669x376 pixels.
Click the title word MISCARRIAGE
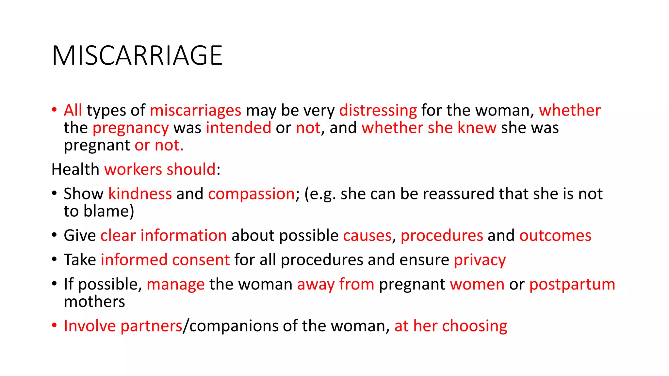click(137, 56)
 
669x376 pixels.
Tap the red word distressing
click(378, 110)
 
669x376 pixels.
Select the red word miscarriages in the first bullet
click(195, 110)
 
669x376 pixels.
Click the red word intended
click(238, 128)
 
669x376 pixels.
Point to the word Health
click(75, 169)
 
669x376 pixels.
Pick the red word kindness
click(140, 194)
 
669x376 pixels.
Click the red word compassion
click(252, 194)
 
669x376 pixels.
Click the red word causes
click(367, 236)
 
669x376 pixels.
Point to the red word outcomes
click(555, 236)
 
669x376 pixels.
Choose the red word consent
click(201, 260)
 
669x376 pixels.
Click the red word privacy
click(480, 260)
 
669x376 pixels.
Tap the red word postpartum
click(572, 284)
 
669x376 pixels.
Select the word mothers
click(94, 302)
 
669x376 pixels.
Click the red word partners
click(151, 326)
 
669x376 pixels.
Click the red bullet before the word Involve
click(55, 325)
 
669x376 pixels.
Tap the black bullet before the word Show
click(55, 193)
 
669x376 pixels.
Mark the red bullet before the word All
click(55, 109)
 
